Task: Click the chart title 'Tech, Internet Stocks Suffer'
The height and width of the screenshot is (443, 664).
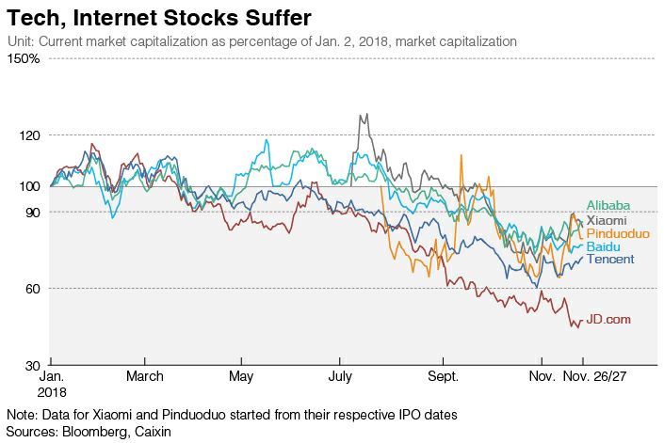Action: [x=159, y=18]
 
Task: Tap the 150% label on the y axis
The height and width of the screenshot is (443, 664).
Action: [x=24, y=59]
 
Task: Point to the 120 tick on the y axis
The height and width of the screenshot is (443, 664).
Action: [x=28, y=135]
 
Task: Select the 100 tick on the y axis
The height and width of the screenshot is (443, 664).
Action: [x=28, y=186]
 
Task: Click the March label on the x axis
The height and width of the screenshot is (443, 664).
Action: [x=144, y=376]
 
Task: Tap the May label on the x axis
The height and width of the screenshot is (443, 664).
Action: [x=241, y=376]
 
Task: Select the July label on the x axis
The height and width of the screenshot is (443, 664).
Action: [x=339, y=376]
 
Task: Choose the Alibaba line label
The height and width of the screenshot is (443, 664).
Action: [x=608, y=206]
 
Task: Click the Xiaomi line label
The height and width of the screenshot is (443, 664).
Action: [x=607, y=220]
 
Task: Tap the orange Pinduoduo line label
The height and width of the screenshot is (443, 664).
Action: [x=616, y=233]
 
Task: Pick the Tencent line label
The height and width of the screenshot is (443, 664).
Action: [x=610, y=259]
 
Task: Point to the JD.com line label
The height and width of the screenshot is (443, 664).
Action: [x=608, y=320]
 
